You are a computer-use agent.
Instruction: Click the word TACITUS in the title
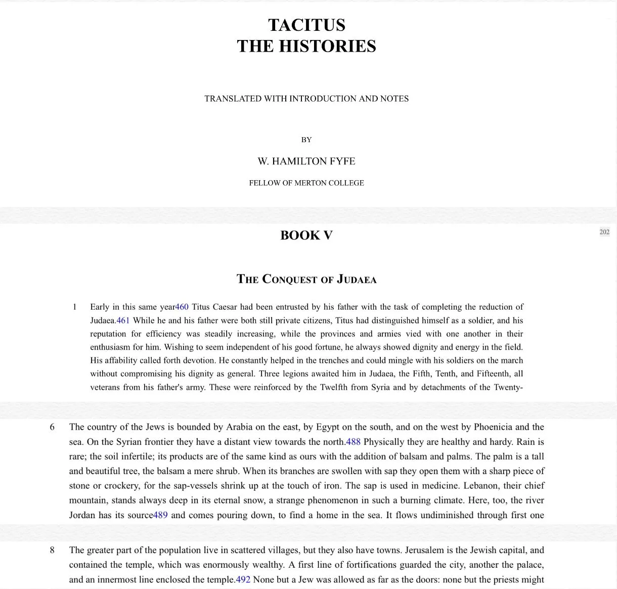306,25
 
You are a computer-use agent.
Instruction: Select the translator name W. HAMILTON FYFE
306,161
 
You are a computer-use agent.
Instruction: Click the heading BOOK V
306,235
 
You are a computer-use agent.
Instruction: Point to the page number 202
604,232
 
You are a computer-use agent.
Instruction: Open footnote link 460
182,307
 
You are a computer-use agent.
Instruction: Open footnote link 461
123,320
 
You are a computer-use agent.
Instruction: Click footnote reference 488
353,442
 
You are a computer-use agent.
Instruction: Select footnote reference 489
160,515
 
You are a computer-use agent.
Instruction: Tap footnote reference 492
243,579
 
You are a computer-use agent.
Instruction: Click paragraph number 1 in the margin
75,307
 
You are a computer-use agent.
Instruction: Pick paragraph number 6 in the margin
52,427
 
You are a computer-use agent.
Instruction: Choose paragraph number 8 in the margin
52,550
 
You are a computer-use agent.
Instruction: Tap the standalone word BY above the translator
306,140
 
